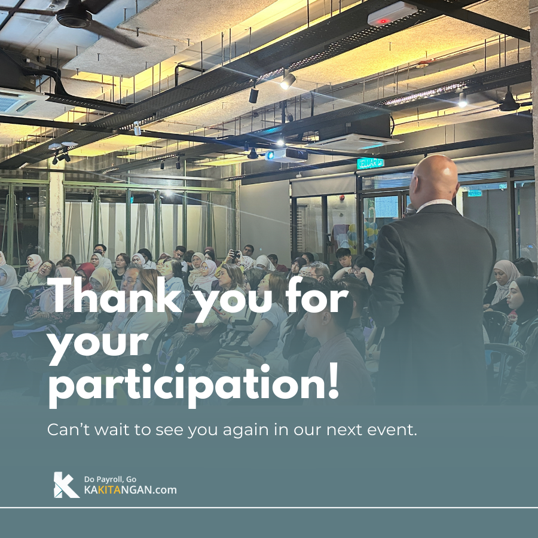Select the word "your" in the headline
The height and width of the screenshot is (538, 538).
pos(98,343)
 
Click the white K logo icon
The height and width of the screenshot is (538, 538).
pos(66,484)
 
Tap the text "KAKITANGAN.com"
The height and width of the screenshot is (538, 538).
pos(130,490)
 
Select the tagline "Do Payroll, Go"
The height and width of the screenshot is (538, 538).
pos(110,479)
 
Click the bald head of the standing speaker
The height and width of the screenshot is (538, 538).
pos(435,178)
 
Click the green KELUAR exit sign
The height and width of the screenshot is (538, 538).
pos(370,163)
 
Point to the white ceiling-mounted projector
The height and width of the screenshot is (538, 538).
pos(286,155)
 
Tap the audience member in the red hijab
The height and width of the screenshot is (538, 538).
pos(85,273)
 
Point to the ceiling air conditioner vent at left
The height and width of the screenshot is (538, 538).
pos(18,102)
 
